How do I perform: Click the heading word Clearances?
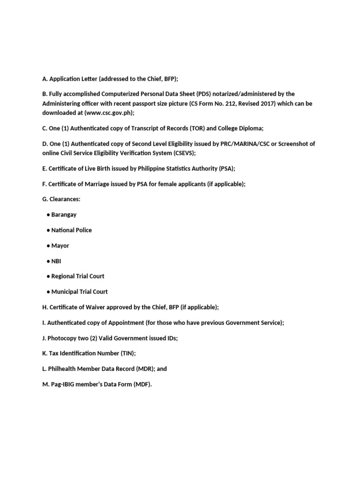point(65,200)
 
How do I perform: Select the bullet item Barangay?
point(64,215)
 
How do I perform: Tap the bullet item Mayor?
point(60,246)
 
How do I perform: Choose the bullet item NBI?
point(56,262)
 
